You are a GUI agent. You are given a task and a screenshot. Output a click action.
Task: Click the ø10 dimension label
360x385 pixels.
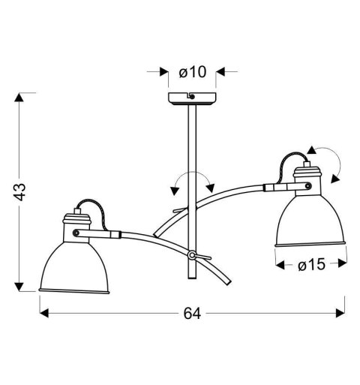pos(191,72)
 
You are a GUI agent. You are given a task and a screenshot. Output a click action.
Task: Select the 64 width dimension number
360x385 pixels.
pos(191,314)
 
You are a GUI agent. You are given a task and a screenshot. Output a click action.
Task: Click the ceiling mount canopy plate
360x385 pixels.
pos(190,100)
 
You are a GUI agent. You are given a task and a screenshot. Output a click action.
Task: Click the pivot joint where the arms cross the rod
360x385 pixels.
pos(193,256)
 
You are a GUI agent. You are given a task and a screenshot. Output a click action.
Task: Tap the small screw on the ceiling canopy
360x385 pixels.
pos(190,97)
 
